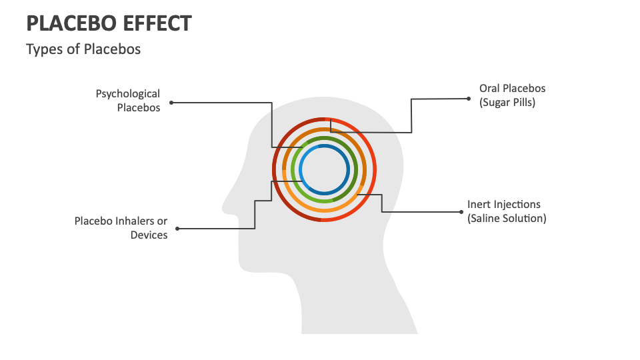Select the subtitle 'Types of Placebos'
point(83,49)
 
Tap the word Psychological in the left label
point(128,94)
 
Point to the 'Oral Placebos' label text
point(512,88)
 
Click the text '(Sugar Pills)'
point(507,103)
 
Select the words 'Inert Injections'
point(504,204)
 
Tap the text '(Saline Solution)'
point(507,218)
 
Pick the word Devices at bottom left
point(149,235)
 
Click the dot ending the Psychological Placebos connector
point(171,103)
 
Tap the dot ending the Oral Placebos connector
point(469,98)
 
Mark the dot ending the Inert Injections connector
point(461,211)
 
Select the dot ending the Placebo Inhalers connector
point(177,229)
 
